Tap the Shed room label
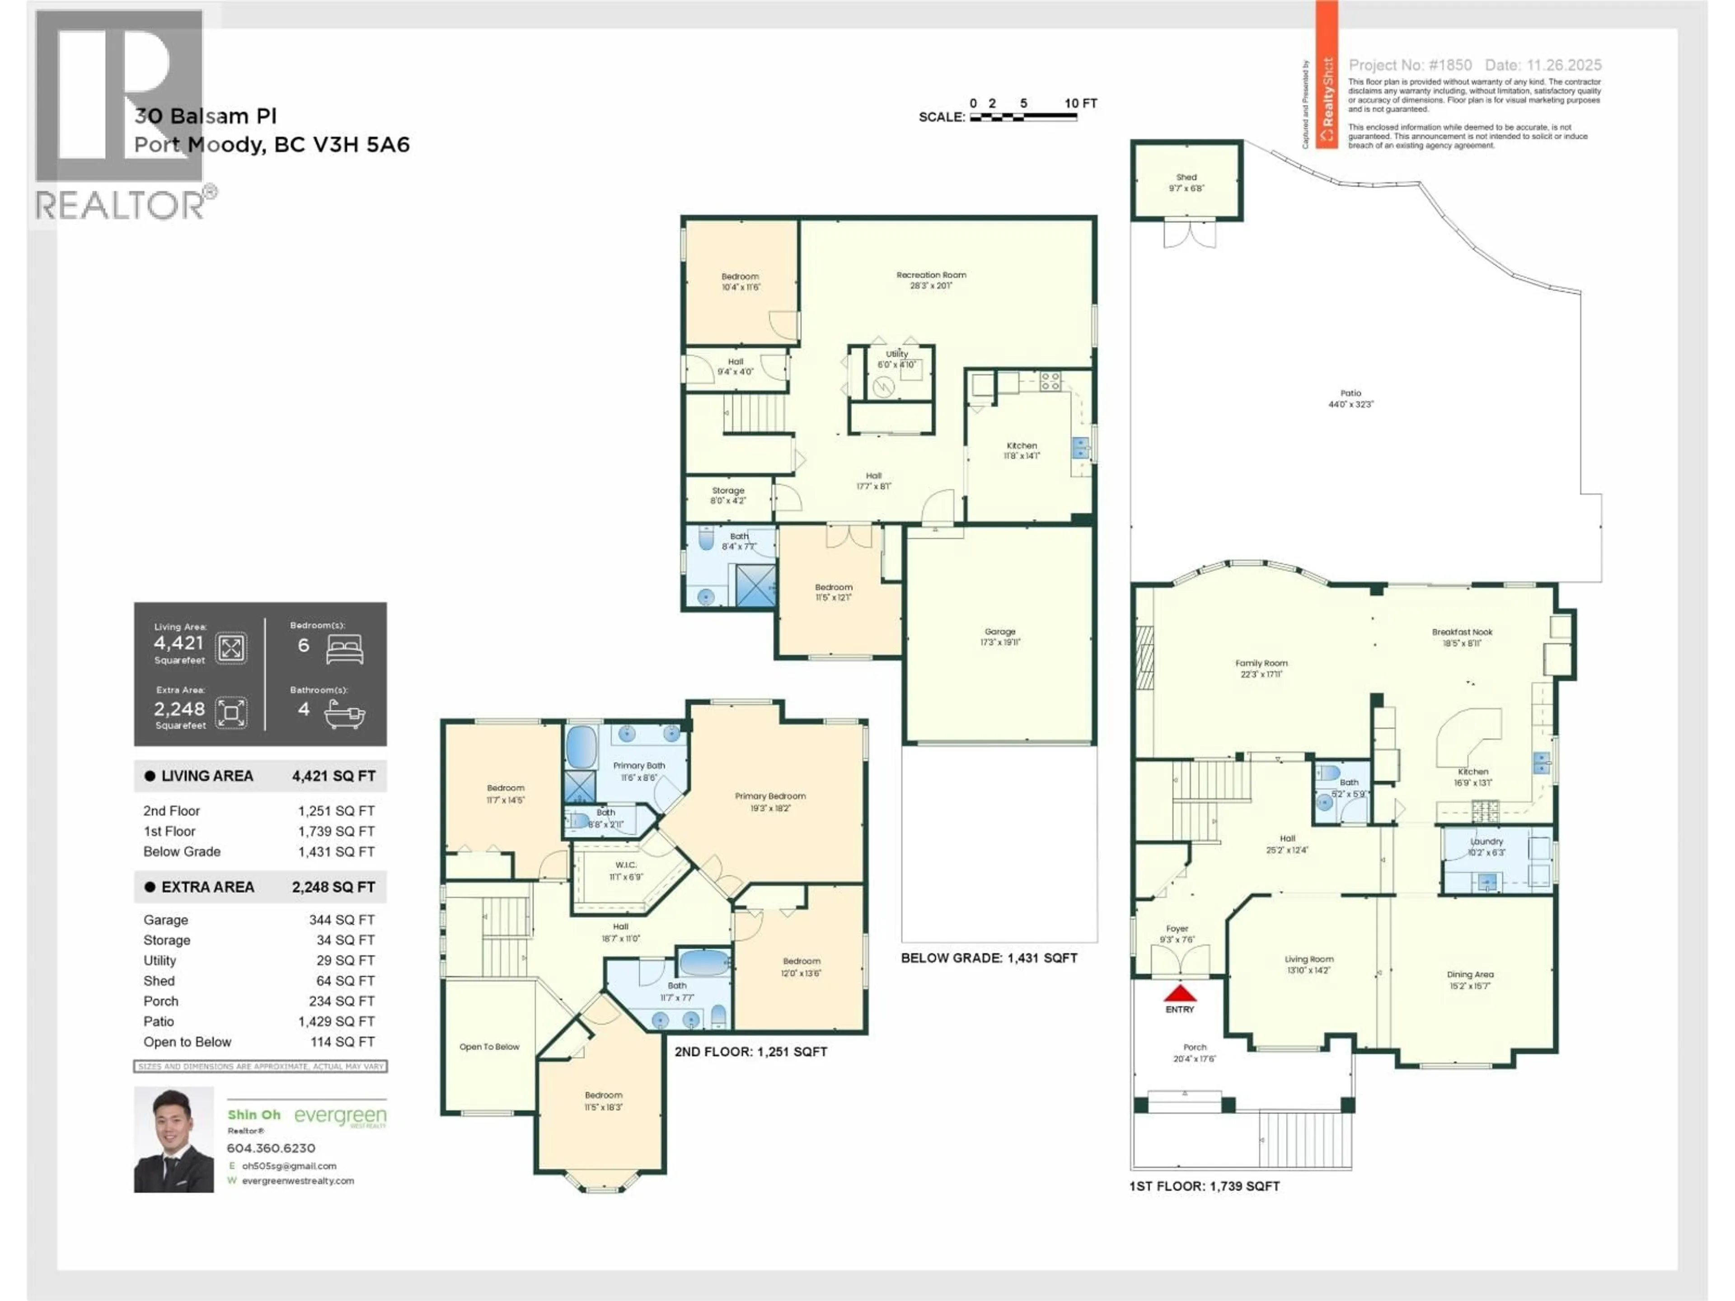pyautogui.click(x=1186, y=177)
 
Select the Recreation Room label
pyautogui.click(x=931, y=275)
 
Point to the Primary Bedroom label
pyautogui.click(x=770, y=796)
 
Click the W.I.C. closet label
pyautogui.click(x=626, y=865)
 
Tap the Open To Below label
pyautogui.click(x=489, y=1047)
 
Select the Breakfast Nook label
pyautogui.click(x=1462, y=632)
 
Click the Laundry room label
pyautogui.click(x=1486, y=842)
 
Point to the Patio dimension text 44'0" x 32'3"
pyautogui.click(x=1350, y=405)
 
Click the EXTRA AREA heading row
pyautogui.click(x=260, y=887)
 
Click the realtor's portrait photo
pyautogui.click(x=173, y=1139)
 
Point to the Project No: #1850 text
pyautogui.click(x=1410, y=65)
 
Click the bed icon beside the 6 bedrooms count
pyautogui.click(x=345, y=649)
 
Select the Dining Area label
pyautogui.click(x=1470, y=975)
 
